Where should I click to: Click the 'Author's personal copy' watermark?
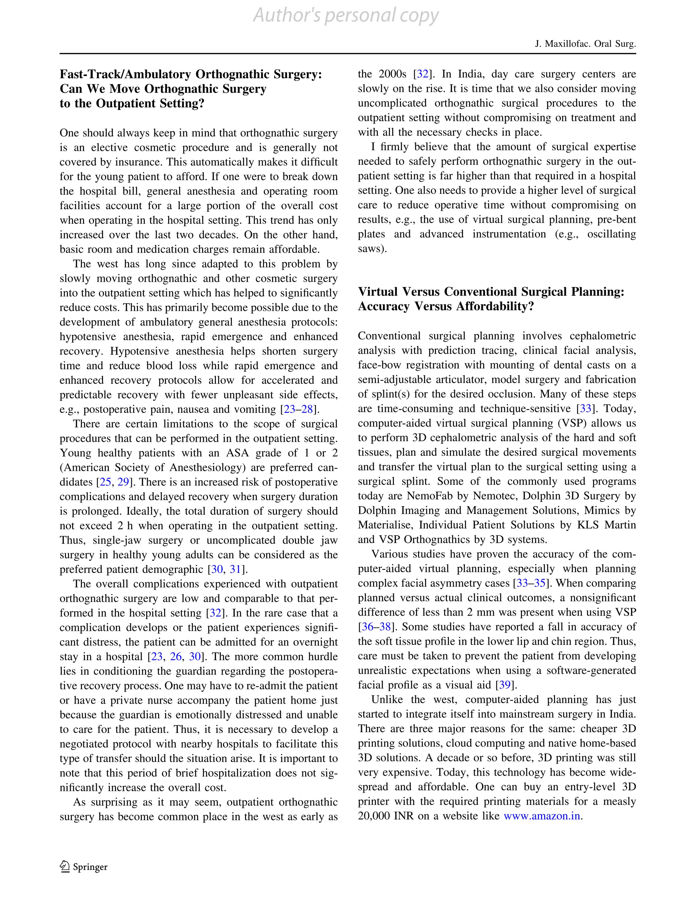(x=346, y=16)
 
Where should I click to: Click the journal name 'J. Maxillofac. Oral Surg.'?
(x=585, y=44)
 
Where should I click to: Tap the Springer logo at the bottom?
(x=84, y=867)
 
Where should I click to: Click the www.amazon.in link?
(x=542, y=816)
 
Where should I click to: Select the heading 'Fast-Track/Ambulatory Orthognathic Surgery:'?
(x=191, y=74)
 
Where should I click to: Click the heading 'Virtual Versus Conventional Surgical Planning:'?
(x=491, y=292)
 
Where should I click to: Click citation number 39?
(x=505, y=685)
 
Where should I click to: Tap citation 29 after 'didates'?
(x=123, y=482)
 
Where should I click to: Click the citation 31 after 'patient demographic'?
(x=236, y=569)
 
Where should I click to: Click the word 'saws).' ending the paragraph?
(x=372, y=249)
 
